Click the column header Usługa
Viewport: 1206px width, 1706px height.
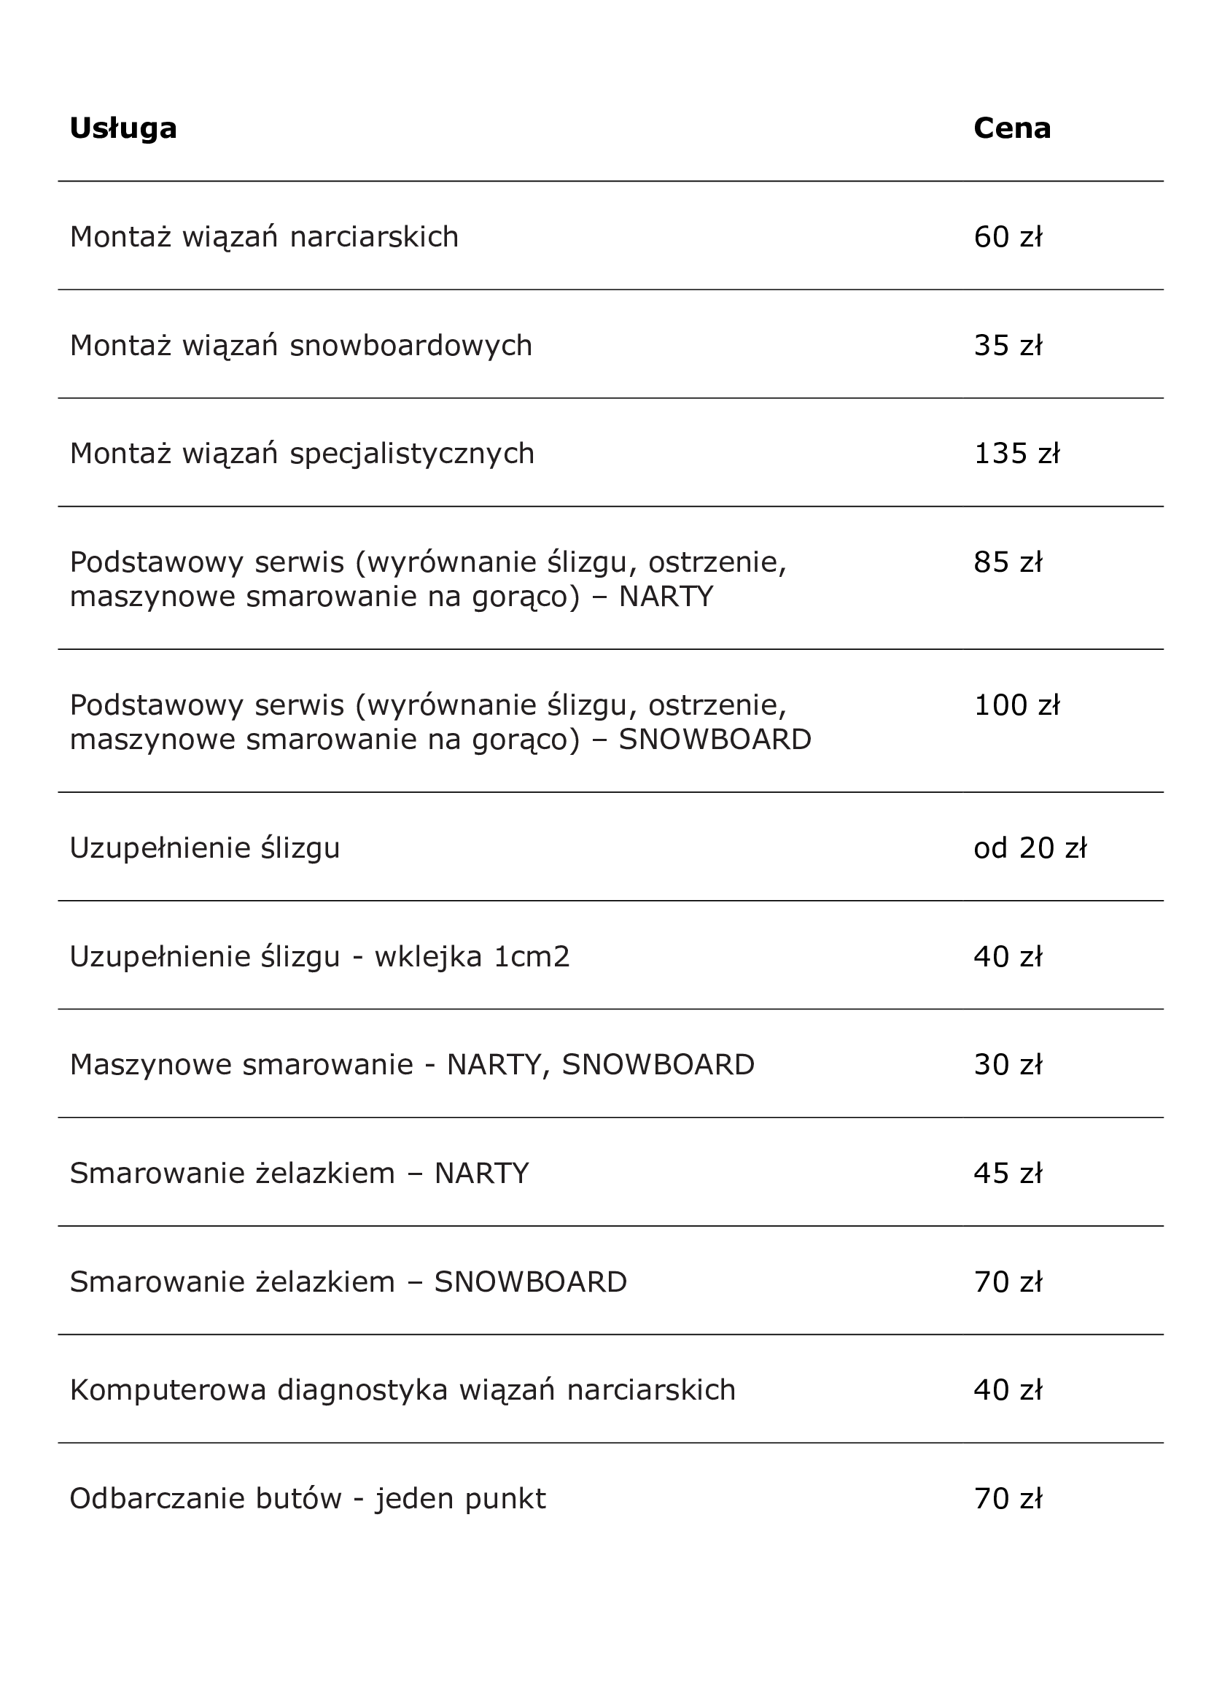coord(123,128)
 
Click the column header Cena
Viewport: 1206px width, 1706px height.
coord(1011,128)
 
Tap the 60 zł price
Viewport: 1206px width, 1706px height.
coord(1008,237)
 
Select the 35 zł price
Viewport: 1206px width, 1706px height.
coord(1008,346)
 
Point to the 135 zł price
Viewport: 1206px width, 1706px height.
coord(1016,453)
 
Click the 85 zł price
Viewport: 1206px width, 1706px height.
coord(1008,562)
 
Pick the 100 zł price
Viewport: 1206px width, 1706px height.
coord(1016,705)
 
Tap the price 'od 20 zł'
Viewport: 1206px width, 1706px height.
coord(1030,848)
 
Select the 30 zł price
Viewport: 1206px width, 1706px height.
coord(1008,1065)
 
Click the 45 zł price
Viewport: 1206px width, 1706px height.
coord(1008,1174)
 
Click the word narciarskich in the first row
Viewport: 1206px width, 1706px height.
coord(373,237)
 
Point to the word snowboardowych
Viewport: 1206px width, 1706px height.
coord(411,346)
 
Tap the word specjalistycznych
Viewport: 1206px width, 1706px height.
coord(411,454)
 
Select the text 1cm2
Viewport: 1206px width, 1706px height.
coord(532,957)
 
